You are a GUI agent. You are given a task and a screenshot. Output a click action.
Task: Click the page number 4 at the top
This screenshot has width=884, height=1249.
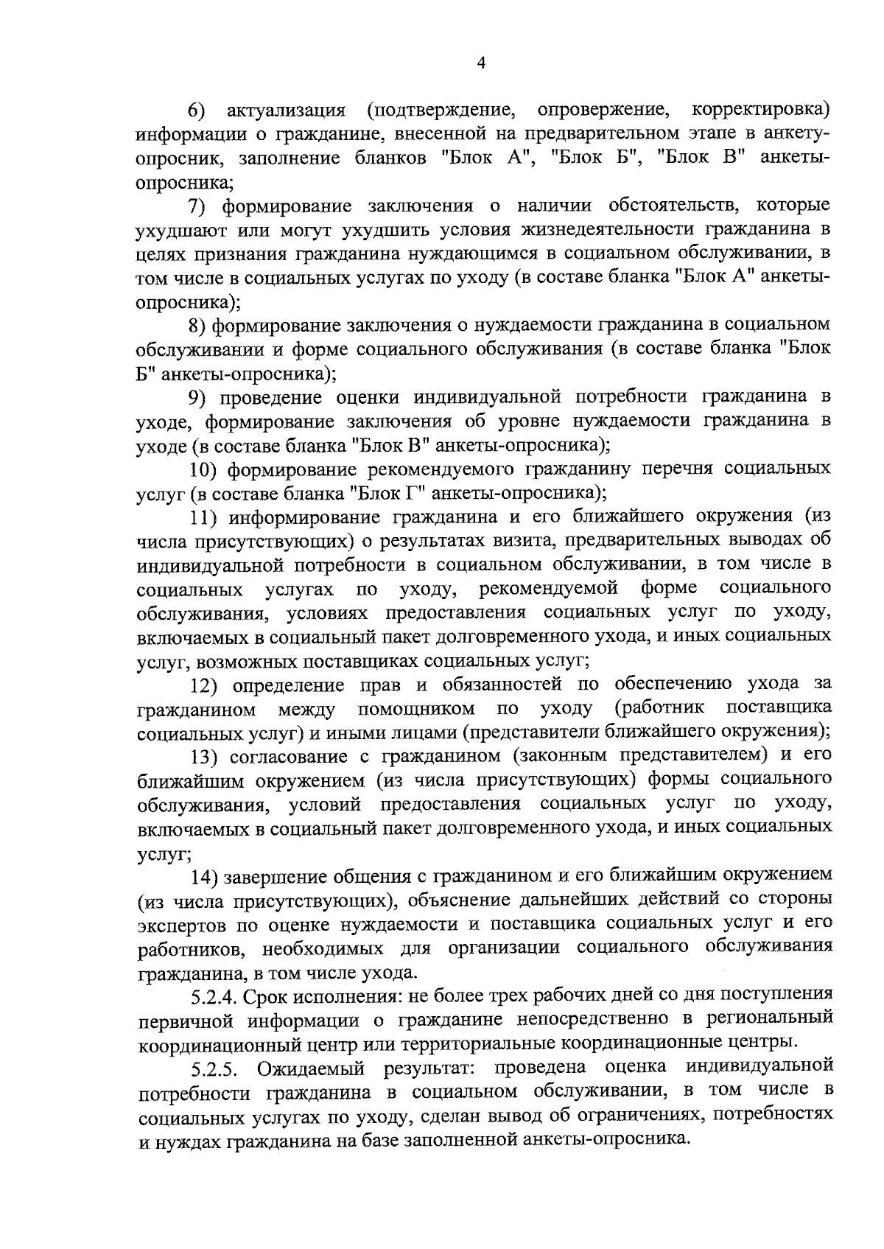pos(480,64)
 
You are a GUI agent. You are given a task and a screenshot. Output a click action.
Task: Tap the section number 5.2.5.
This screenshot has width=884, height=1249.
pos(214,1068)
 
